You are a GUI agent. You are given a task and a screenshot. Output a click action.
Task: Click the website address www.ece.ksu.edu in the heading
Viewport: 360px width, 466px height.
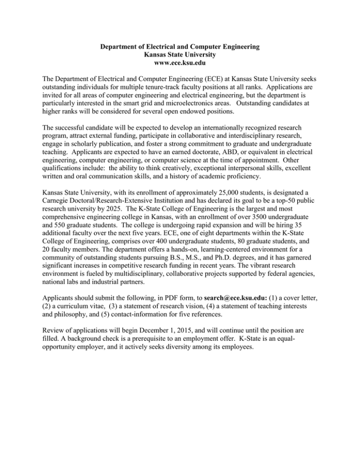180,64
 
